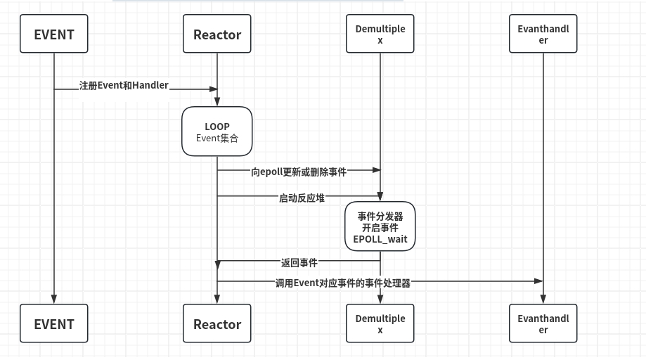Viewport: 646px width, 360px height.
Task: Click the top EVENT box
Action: [54, 34]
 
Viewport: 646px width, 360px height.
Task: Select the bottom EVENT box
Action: [54, 323]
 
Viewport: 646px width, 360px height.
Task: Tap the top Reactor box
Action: [217, 34]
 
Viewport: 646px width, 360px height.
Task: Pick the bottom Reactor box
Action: [217, 323]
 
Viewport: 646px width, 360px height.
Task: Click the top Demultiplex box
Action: [380, 34]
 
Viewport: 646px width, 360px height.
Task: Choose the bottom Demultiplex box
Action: [380, 323]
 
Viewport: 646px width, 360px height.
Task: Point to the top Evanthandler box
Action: [543, 34]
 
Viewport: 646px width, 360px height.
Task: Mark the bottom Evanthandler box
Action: [543, 323]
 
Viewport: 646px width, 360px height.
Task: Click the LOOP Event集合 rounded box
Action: [217, 131]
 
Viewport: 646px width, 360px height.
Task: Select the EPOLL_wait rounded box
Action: [380, 227]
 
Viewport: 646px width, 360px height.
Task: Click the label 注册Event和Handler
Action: [124, 86]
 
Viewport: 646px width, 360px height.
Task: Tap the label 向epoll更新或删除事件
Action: [299, 172]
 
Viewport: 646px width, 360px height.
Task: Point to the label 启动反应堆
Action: [302, 198]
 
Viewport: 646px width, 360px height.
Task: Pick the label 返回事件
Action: [299, 263]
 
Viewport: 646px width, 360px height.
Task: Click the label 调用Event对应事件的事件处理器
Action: [342, 283]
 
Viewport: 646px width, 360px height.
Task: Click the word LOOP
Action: [217, 127]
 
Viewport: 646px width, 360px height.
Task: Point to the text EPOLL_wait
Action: [380, 239]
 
